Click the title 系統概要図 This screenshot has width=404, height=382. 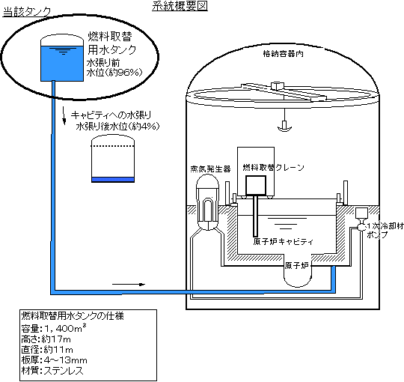point(180,6)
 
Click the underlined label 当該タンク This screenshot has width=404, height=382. point(27,12)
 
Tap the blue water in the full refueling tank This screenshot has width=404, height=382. point(62,64)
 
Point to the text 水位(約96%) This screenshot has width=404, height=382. point(114,73)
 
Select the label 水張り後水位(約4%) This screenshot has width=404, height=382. point(117,127)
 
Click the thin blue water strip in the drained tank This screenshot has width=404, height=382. point(113,180)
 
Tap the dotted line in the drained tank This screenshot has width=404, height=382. point(113,146)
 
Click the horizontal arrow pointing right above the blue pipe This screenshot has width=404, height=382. point(129,284)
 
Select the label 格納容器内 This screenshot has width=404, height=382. point(283,54)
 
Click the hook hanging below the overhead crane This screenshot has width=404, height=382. point(284,127)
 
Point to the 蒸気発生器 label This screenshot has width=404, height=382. point(210,169)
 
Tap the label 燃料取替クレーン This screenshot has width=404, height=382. point(273,167)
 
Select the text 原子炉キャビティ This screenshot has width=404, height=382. point(283,242)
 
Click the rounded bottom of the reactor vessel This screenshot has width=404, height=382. point(297,282)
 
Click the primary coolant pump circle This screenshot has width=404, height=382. point(361,227)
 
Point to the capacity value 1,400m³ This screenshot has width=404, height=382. point(65,328)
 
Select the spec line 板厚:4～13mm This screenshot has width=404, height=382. point(54,360)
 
